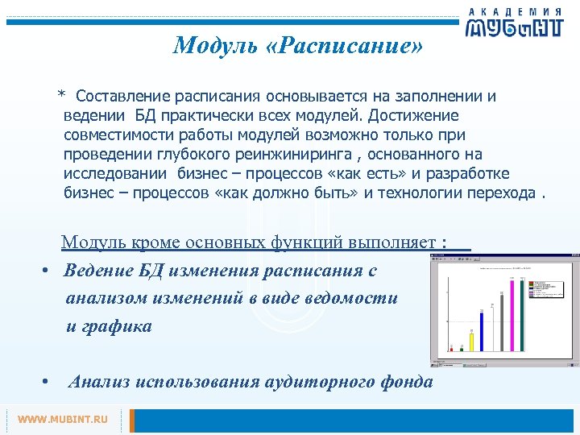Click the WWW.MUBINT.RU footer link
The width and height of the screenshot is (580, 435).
click(63, 420)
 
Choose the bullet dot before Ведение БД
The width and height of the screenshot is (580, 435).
click(48, 271)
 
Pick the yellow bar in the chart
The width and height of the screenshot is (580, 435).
click(471, 339)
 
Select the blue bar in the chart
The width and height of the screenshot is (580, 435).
click(481, 331)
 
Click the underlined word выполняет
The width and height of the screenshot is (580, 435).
click(396, 242)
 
